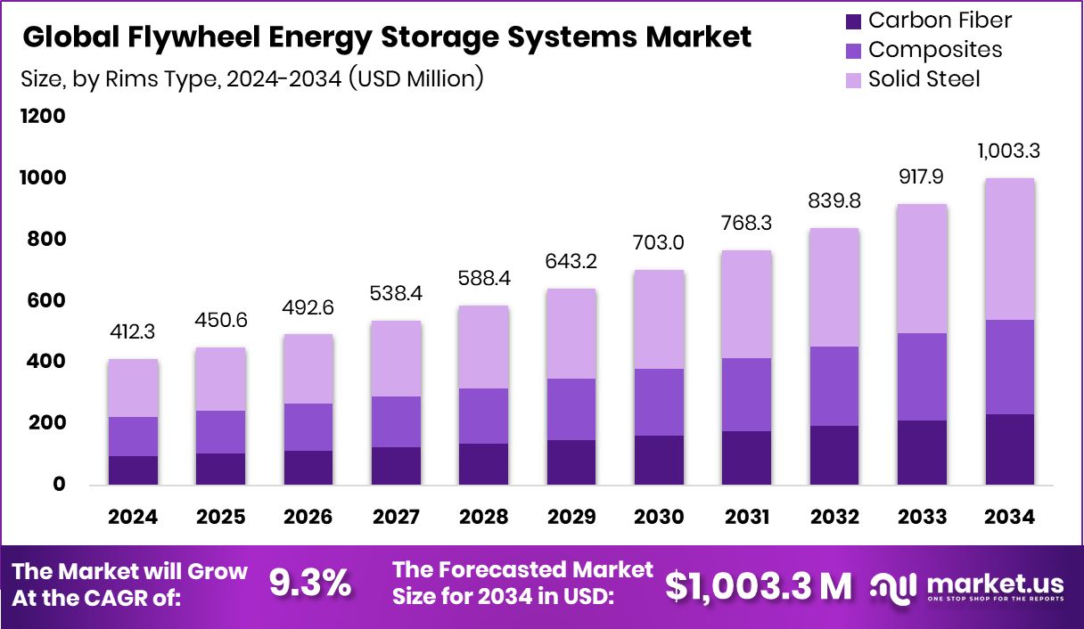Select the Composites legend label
pos(935,50)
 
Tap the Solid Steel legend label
pos(924,79)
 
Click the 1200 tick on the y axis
pos(42,117)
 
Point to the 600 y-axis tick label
pos(45,301)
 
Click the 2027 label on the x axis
pos(397,518)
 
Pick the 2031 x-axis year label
pos(747,518)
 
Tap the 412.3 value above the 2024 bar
pos(133,333)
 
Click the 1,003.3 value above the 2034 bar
pos(1009,151)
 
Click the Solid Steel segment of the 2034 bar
pos(1009,249)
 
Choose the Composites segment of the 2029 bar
pos(571,410)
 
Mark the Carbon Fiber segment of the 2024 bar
pos(133,470)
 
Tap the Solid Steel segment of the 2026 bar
pos(308,369)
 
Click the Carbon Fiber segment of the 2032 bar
pos(834,455)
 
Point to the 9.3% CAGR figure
pos(310,584)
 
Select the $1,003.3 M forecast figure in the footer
pos(758,585)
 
